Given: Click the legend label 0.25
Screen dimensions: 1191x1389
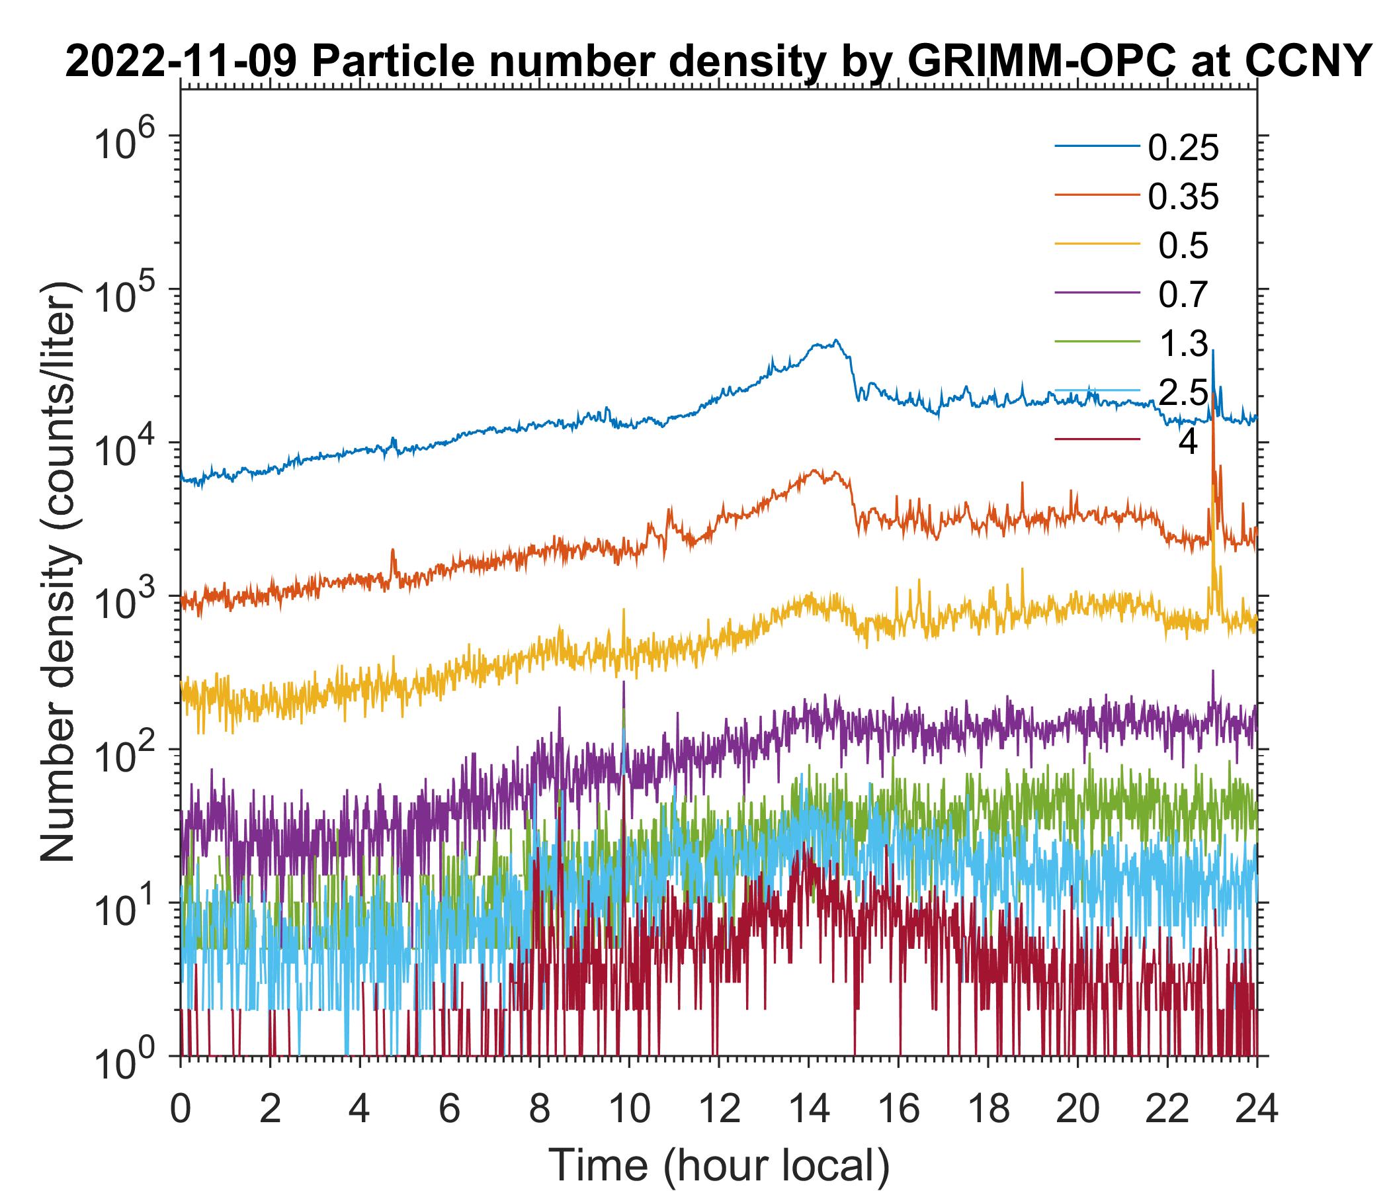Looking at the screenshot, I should pos(1183,148).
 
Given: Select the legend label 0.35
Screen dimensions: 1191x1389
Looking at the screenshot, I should pos(1183,197).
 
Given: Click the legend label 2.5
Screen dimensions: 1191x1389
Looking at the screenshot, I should pos(1183,392).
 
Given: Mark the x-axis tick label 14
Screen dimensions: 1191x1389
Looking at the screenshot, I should pos(808,1108).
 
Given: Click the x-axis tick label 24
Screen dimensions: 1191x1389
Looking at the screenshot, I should pos(1256,1108).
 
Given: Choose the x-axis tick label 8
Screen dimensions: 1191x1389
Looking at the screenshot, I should pos(539,1108).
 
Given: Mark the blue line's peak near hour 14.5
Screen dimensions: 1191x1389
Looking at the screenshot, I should pos(835,341).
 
